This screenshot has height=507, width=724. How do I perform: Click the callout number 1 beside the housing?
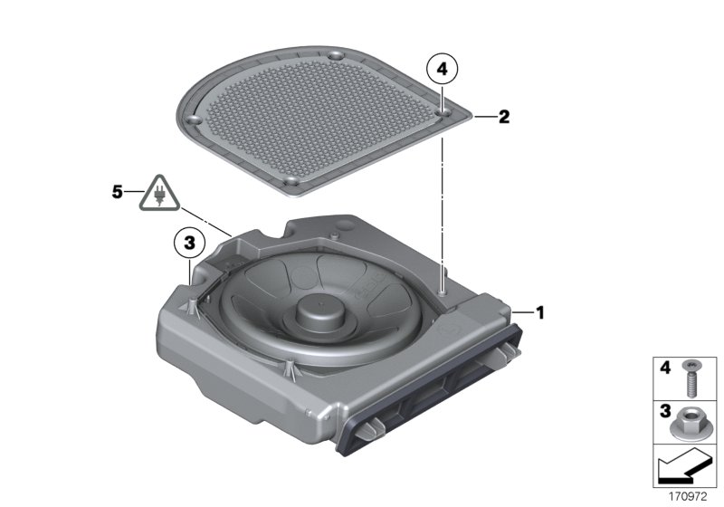(540, 313)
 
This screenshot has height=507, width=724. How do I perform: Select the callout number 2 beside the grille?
(504, 116)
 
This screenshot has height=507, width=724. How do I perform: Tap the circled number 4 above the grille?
(442, 68)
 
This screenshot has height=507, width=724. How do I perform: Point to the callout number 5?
(116, 192)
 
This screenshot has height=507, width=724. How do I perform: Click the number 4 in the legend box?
(662, 368)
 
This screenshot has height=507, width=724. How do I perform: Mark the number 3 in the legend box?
(662, 410)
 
